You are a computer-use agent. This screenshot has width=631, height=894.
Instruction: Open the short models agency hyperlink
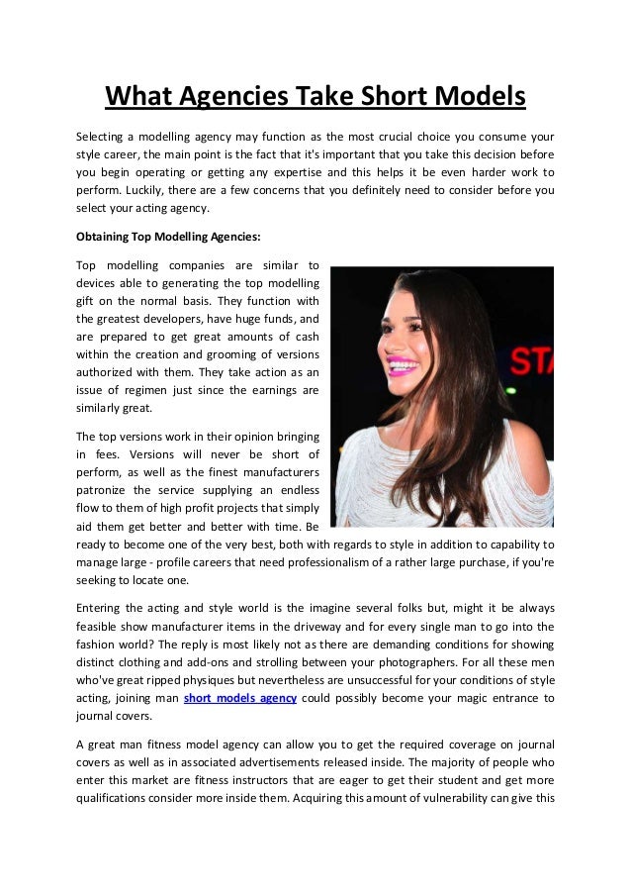[240, 698]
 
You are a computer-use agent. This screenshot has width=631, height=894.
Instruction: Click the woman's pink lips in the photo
[400, 370]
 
